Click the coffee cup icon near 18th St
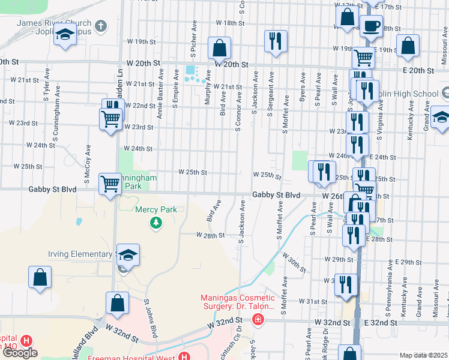tap(371, 26)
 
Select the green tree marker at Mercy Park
tap(156, 223)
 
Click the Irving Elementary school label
tap(81, 254)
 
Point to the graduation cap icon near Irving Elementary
tap(128, 255)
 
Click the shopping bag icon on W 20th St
tap(220, 48)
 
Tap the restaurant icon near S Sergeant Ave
tap(275, 41)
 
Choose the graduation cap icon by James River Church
tap(65, 35)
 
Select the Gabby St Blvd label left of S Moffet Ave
tap(276, 195)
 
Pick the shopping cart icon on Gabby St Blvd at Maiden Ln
tap(110, 183)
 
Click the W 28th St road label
tap(210, 235)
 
